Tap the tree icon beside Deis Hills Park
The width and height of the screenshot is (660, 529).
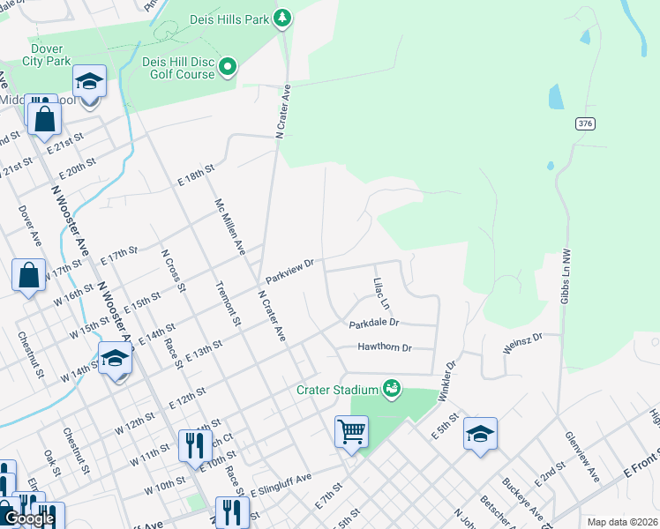pyautogui.click(x=282, y=18)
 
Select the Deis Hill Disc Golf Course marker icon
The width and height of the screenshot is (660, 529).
pyautogui.click(x=229, y=67)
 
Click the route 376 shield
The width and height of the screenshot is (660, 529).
pyautogui.click(x=585, y=124)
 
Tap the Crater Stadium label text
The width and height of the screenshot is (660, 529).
pyautogui.click(x=337, y=388)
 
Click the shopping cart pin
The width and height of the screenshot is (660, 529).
pyautogui.click(x=351, y=432)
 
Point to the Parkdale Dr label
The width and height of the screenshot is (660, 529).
pyautogui.click(x=374, y=324)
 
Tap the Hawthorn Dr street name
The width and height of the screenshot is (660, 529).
pyautogui.click(x=385, y=347)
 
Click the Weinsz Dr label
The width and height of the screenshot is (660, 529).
pyautogui.click(x=521, y=345)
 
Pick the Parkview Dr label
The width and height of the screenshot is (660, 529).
pyautogui.click(x=290, y=271)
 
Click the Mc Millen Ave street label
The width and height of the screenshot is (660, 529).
pyautogui.click(x=229, y=227)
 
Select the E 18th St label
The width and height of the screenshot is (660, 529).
pyautogui.click(x=196, y=175)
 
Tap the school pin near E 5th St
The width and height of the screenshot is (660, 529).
pyautogui.click(x=480, y=434)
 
